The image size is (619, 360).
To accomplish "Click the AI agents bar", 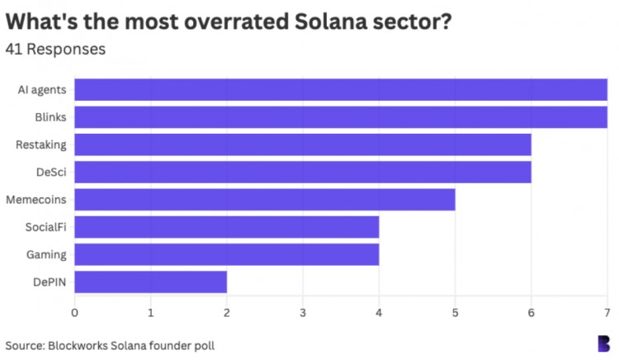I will click(x=341, y=89).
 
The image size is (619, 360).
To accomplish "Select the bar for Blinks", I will click(x=341, y=117).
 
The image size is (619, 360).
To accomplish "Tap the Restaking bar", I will click(x=303, y=144).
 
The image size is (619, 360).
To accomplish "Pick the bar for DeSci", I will click(x=303, y=172).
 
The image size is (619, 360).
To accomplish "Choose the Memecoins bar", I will click(x=265, y=199).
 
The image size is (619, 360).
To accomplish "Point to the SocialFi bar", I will click(x=227, y=226).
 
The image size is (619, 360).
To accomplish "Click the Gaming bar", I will click(x=227, y=253).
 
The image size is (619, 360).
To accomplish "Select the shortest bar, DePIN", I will click(x=151, y=282).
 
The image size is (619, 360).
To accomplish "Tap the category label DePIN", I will click(x=50, y=282).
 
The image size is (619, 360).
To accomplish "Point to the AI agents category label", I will click(x=42, y=89).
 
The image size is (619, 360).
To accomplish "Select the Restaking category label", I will click(x=41, y=144).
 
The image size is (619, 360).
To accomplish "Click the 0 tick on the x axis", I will click(x=75, y=313).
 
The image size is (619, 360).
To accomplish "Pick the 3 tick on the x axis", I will click(x=303, y=313).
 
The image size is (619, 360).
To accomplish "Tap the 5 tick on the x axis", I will click(x=455, y=313).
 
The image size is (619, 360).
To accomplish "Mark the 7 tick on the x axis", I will click(x=606, y=313).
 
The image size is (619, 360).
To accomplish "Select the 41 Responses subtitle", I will click(x=55, y=50).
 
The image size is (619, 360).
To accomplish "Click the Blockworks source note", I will click(x=110, y=345).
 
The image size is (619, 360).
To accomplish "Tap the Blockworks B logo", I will click(x=604, y=343).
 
